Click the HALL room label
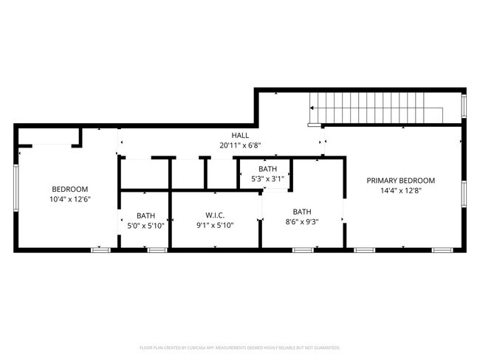tap(240, 136)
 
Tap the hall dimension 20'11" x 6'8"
tap(240, 145)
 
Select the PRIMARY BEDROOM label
tap(401, 181)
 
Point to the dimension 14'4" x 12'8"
tap(401, 190)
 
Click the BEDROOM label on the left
tap(69, 189)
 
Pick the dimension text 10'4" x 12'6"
tap(69, 199)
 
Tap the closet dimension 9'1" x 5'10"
tap(214, 225)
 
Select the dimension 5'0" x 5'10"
tap(145, 225)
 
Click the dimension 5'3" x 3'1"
tap(267, 178)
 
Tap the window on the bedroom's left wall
tap(16, 187)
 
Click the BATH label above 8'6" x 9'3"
tap(302, 210)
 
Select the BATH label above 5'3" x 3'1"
tap(267, 168)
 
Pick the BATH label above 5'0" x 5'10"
tap(145, 215)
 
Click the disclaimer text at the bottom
tap(240, 347)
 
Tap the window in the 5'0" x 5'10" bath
tap(157, 250)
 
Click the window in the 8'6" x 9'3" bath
tap(302, 250)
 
